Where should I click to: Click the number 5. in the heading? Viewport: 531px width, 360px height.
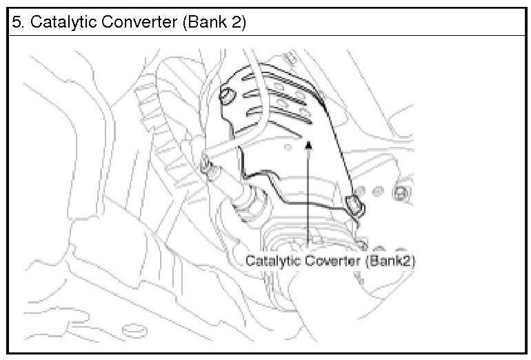[x=17, y=23]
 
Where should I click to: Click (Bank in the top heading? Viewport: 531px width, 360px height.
[x=201, y=23]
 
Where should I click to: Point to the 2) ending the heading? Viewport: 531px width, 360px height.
[x=239, y=23]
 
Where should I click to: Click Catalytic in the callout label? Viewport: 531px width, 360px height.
[x=270, y=261]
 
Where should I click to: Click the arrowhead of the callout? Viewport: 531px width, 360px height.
[x=310, y=144]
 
